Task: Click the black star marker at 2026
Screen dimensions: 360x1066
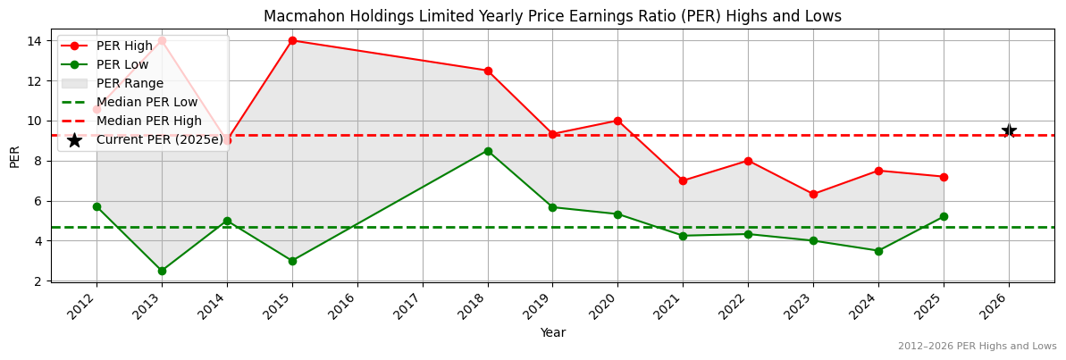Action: click(1009, 131)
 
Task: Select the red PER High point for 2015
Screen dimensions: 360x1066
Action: click(292, 40)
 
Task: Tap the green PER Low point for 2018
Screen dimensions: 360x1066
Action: click(488, 151)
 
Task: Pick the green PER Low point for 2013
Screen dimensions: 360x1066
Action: click(162, 271)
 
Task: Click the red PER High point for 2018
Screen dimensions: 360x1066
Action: click(488, 71)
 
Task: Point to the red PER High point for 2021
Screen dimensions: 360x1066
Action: click(683, 180)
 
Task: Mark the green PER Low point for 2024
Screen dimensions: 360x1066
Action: click(878, 251)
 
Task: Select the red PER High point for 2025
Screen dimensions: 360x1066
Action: click(944, 177)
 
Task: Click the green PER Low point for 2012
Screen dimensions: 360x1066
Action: click(97, 206)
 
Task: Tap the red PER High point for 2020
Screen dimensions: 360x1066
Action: click(617, 121)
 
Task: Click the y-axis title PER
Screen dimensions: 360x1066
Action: click(14, 156)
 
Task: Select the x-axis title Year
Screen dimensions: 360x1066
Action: click(552, 332)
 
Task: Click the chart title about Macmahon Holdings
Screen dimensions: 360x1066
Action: click(552, 16)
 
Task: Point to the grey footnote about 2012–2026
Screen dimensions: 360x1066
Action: click(977, 347)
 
